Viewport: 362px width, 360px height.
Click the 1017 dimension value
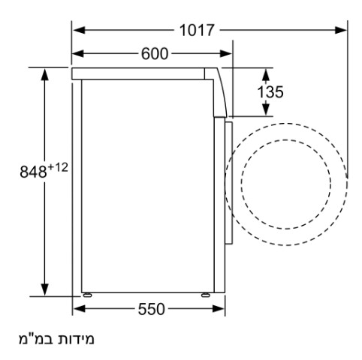tap(197, 30)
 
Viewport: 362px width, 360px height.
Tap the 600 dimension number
tap(155, 54)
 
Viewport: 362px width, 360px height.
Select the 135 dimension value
tap(270, 91)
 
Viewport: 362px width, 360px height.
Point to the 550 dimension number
tap(152, 309)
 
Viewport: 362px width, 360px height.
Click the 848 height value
tap(33, 172)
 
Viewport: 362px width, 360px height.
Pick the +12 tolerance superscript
tap(58, 167)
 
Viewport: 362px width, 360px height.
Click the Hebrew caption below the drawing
tap(56, 339)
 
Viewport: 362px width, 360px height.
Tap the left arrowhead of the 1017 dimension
tap(79, 30)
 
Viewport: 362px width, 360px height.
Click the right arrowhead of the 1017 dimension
tap(341, 30)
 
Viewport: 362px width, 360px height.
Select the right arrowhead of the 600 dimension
tap(226, 54)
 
